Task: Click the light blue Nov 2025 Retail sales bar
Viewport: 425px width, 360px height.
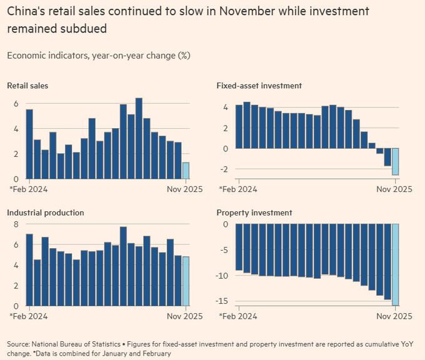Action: click(186, 171)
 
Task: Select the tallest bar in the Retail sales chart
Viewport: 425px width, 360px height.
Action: click(139, 139)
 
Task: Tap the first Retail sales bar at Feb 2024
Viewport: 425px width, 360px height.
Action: click(29, 144)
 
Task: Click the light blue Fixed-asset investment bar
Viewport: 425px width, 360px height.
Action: click(396, 162)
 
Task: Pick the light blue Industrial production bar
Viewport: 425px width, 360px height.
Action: click(186, 281)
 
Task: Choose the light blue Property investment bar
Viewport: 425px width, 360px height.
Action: click(396, 264)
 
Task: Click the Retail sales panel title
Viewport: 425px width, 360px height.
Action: click(27, 86)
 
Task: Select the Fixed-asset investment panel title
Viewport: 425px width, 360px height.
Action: click(259, 86)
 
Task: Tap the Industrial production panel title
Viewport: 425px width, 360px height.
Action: click(46, 212)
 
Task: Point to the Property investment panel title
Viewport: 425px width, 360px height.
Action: click(254, 212)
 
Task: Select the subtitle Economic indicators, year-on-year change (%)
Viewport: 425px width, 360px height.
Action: click(98, 55)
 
